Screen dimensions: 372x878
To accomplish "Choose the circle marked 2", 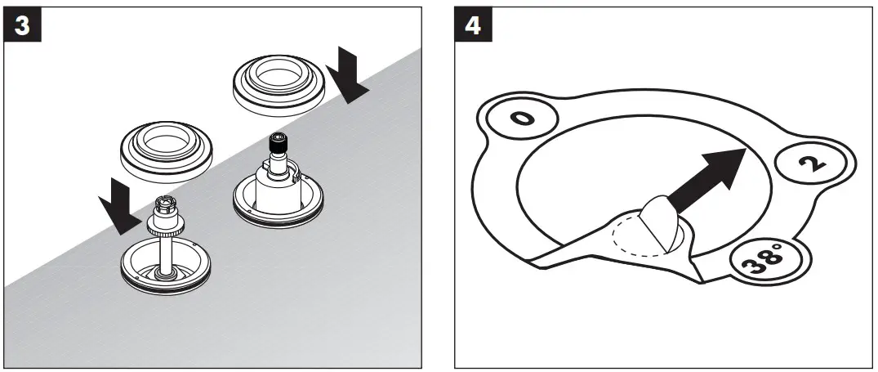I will (x=809, y=163).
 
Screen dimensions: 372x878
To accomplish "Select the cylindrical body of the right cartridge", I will (x=281, y=184).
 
